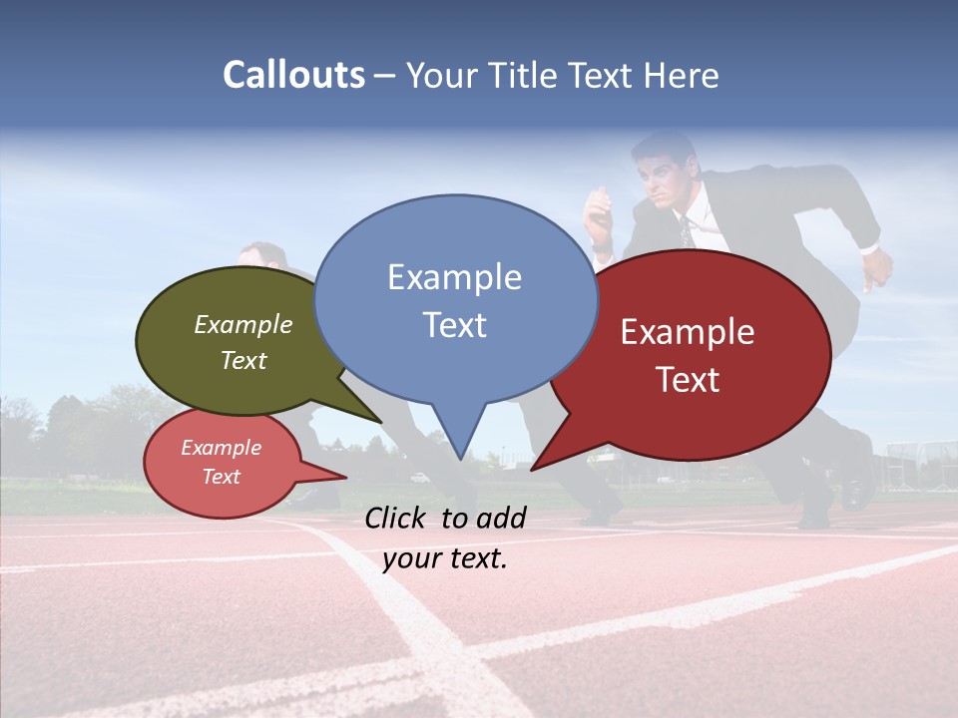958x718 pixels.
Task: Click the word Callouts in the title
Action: click(x=293, y=75)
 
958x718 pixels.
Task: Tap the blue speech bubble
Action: click(x=455, y=299)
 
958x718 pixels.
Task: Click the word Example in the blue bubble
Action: click(x=454, y=277)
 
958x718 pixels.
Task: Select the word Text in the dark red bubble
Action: click(x=689, y=380)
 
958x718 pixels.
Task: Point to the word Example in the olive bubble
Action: click(x=243, y=325)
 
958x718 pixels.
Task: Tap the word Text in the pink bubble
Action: click(x=222, y=477)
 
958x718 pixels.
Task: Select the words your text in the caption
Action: click(x=445, y=558)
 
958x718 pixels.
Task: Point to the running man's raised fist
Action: click(x=877, y=267)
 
